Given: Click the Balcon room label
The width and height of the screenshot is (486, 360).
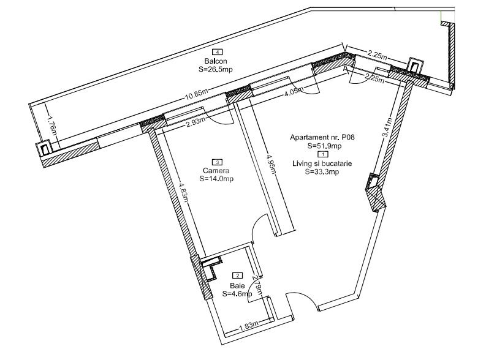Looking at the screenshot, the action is pyautogui.click(x=216, y=61).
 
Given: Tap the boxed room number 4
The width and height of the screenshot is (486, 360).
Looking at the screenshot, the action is pyautogui.click(x=218, y=52).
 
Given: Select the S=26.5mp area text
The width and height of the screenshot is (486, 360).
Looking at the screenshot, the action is pyautogui.click(x=216, y=69).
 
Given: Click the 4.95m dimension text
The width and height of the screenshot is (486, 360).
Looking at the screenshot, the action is pyautogui.click(x=271, y=164).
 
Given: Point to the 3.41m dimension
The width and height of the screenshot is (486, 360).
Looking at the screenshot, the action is pyautogui.click(x=387, y=127).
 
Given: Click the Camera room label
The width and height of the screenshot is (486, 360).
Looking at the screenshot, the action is pyautogui.click(x=216, y=171).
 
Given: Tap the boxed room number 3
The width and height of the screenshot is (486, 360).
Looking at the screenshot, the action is pyautogui.click(x=218, y=162).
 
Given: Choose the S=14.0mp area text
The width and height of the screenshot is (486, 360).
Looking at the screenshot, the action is pyautogui.click(x=217, y=179).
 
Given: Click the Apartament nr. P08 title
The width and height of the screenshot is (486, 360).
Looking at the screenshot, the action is pyautogui.click(x=322, y=137).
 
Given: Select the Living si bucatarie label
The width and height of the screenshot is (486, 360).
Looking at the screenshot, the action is pyautogui.click(x=322, y=163).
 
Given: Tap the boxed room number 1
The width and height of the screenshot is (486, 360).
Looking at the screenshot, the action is pyautogui.click(x=323, y=154).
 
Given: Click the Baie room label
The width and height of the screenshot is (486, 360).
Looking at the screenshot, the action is pyautogui.click(x=237, y=286).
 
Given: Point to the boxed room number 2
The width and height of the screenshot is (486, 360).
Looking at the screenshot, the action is pyautogui.click(x=238, y=276).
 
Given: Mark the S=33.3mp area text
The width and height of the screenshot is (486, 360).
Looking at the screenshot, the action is pyautogui.click(x=322, y=172).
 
